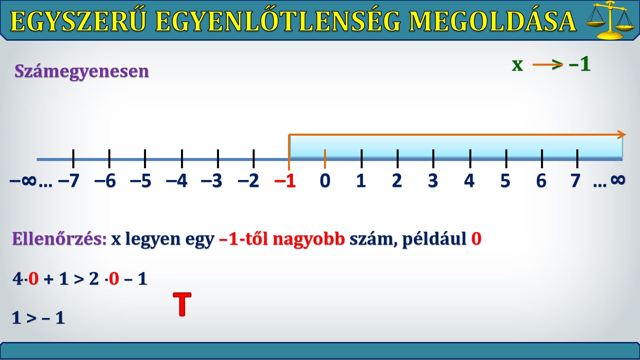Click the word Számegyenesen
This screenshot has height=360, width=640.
tap(82, 71)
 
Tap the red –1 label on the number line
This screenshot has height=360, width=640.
tap(285, 181)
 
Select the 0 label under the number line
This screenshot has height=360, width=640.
tap(325, 181)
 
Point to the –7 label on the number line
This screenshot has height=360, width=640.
tap(69, 181)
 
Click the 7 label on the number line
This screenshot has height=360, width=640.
tap(575, 181)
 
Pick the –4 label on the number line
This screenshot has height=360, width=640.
tap(177, 181)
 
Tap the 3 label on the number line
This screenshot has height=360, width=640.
tap(433, 181)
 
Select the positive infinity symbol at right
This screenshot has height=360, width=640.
tap(618, 180)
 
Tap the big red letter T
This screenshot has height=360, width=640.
tap(182, 304)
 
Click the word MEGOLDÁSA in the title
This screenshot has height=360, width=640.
tap(493, 21)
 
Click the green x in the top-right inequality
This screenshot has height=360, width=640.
tap(517, 64)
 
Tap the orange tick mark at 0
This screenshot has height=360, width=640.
tap(325, 159)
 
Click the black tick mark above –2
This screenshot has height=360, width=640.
tap(254, 159)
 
